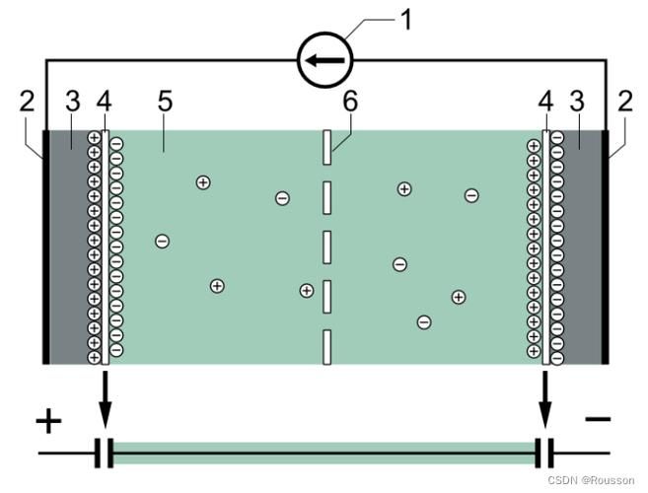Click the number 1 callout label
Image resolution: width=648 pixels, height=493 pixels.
tap(406, 21)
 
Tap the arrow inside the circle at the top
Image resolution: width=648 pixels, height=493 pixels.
tap(324, 60)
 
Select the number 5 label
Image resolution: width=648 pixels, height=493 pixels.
tap(165, 101)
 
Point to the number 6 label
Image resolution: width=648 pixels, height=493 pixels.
tap(350, 101)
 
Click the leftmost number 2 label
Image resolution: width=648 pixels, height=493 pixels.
tap(28, 101)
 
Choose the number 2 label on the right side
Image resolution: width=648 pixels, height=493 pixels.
tap(625, 101)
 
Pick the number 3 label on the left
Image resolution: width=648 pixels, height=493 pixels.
tap(73, 101)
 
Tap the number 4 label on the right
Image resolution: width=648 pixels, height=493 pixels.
tap(545, 101)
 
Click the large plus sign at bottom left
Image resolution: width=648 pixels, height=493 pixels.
tap(48, 421)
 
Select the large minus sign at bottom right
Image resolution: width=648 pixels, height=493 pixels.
tap(598, 419)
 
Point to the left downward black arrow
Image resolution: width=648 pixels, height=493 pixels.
tap(105, 399)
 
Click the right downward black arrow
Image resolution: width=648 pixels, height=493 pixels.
tap(545, 399)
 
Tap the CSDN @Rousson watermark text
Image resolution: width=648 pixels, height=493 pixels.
tap(591, 480)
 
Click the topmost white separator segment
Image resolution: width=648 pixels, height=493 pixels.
tap(326, 148)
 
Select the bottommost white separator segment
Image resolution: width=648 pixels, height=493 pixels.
tap(326, 347)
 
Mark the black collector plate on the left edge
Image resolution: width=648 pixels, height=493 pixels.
tap(46, 247)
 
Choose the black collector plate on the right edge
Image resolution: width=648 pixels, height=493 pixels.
tap(605, 247)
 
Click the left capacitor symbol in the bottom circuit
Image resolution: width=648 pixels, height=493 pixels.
tap(104, 454)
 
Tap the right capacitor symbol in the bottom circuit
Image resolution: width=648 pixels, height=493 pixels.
tap(543, 454)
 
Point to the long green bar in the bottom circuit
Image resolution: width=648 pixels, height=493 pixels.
tap(324, 454)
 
